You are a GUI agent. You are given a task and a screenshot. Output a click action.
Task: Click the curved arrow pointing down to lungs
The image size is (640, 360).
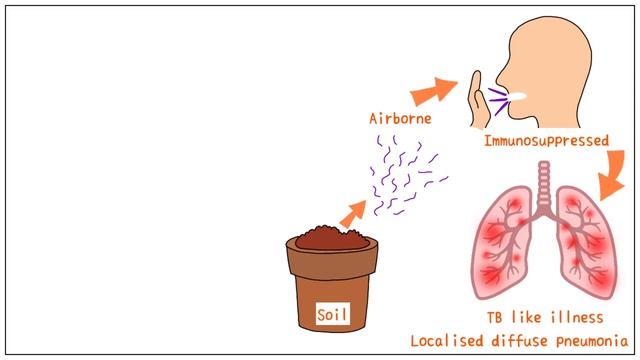point(611,176)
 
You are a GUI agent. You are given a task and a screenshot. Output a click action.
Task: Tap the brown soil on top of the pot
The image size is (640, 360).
point(330,238)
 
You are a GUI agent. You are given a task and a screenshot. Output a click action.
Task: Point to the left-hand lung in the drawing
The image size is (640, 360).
point(506,245)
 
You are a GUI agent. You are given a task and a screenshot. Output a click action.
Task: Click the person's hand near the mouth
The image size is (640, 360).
point(479,105)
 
